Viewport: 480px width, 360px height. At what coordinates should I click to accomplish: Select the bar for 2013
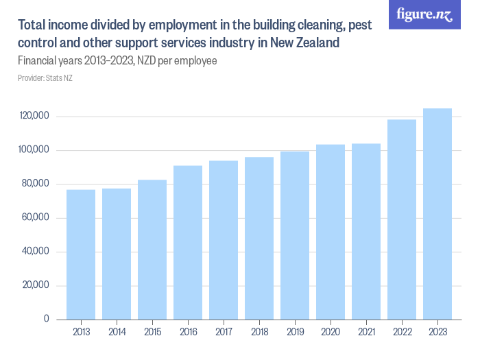coord(81,254)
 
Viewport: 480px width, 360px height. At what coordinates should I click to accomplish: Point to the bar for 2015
coord(152,250)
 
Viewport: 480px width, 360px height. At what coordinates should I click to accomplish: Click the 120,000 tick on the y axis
coord(34,117)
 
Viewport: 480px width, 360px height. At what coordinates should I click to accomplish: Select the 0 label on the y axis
coord(47,319)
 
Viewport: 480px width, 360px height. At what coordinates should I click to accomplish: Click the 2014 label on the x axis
coord(117,332)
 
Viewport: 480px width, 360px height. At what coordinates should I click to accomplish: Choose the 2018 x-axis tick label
coord(259,332)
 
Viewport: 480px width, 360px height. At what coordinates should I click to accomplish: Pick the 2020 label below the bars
coord(331,332)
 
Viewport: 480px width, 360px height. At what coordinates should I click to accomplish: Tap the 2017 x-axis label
coord(224,332)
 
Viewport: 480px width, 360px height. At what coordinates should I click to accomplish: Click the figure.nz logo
coord(424,14)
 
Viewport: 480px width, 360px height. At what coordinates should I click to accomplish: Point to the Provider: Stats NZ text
coord(45,78)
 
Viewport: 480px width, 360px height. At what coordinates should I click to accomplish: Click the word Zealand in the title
coord(315,43)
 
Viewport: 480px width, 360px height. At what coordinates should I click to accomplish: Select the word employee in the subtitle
coord(195,61)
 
